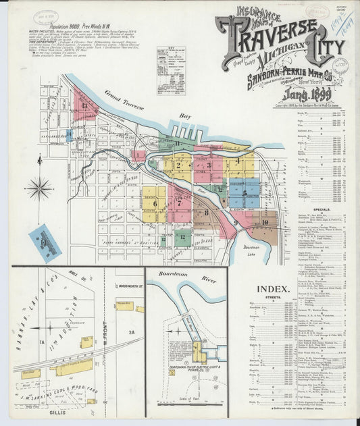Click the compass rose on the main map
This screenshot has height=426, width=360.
(x=39, y=188)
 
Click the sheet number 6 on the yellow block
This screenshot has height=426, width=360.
(x=155, y=203)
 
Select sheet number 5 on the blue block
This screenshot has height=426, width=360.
(x=244, y=190)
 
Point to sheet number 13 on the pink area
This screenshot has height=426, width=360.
(x=84, y=105)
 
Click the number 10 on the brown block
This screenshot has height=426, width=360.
(x=265, y=221)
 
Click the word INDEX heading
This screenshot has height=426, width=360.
(x=291, y=289)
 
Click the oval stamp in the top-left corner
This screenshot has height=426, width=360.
(x=47, y=16)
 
